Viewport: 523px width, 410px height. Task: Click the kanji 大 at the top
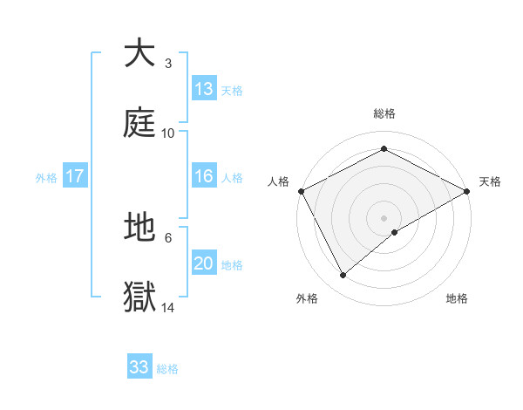pos(140,53)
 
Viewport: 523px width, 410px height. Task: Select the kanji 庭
pos(140,123)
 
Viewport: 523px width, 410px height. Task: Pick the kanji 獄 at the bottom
pos(140,297)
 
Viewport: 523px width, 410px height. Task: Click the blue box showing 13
pos(204,89)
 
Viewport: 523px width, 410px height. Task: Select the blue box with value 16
pos(204,176)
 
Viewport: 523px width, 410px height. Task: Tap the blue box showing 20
pos(204,263)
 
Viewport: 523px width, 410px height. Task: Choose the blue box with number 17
pos(75,176)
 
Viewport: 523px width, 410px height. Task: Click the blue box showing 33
pos(139,367)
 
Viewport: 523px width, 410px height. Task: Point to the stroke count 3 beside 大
pos(168,64)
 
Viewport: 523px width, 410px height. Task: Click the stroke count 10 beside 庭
pos(168,133)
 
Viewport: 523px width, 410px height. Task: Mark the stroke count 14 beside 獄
pos(168,308)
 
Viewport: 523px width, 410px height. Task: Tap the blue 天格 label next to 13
pos(232,90)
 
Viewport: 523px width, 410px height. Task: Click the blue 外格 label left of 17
pos(46,177)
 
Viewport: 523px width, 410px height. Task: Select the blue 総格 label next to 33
pos(167,369)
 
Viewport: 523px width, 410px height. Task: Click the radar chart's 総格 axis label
pos(384,113)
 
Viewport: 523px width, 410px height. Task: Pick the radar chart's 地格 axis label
pos(457,299)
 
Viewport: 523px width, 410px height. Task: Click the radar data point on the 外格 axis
pos(343,276)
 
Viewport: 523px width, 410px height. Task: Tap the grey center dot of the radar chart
pos(384,217)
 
